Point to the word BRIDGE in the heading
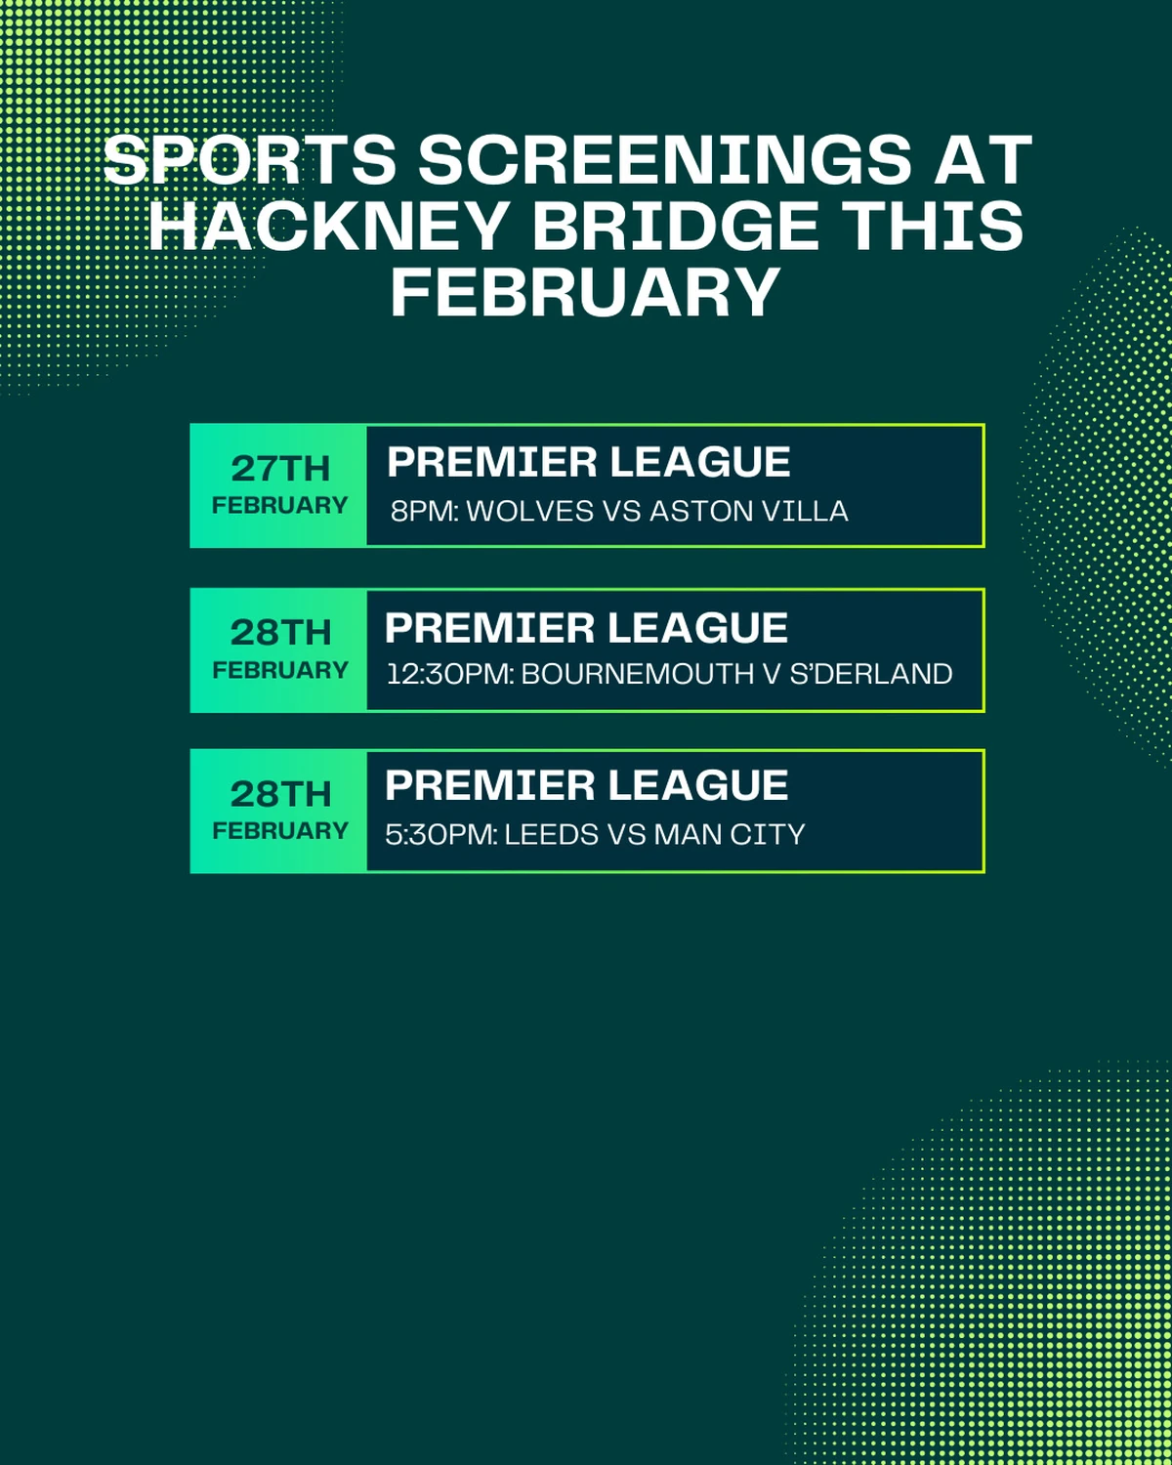pos(675,226)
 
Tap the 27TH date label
pos(280,469)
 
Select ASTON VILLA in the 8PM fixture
pos(748,511)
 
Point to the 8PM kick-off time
pos(425,511)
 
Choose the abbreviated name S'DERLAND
pos(871,674)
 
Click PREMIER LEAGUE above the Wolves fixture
pos(589,462)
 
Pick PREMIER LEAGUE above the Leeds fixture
pos(586,785)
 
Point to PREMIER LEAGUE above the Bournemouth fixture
pos(586,627)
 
